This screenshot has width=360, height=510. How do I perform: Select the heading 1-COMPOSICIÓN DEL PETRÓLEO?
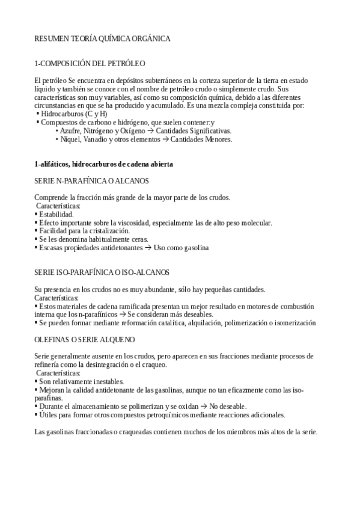coord(90,63)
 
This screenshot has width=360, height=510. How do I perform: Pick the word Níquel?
coord(72,139)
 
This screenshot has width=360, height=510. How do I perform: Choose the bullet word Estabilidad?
coord(56,214)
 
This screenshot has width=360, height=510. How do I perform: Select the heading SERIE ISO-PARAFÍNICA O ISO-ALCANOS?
coord(102,272)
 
